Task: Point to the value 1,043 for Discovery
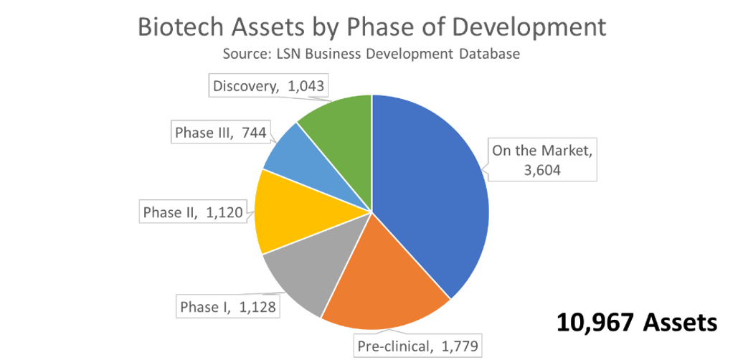305,86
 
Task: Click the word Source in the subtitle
242,55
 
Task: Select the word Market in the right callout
563,151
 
